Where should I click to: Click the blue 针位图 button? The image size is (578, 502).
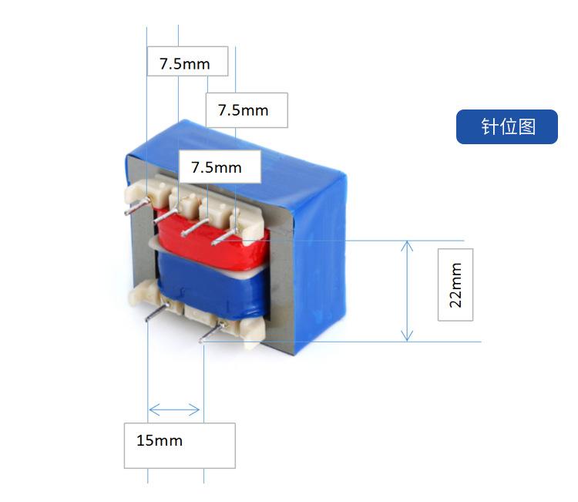pyautogui.click(x=506, y=126)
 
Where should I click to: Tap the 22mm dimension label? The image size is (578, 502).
pyautogui.click(x=455, y=285)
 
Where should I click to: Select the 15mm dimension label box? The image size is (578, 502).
pyautogui.click(x=180, y=445)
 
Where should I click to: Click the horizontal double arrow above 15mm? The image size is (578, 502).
pyautogui.click(x=174, y=409)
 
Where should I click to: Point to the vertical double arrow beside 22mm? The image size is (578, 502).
pyautogui.click(x=408, y=291)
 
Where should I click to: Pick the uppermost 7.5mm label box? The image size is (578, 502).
pyautogui.click(x=187, y=62)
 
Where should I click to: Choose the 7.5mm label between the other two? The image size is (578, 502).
pyautogui.click(x=247, y=110)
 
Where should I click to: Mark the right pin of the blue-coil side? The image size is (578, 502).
pyautogui.click(x=213, y=333)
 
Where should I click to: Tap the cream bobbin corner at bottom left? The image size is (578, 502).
pyautogui.click(x=143, y=294)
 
